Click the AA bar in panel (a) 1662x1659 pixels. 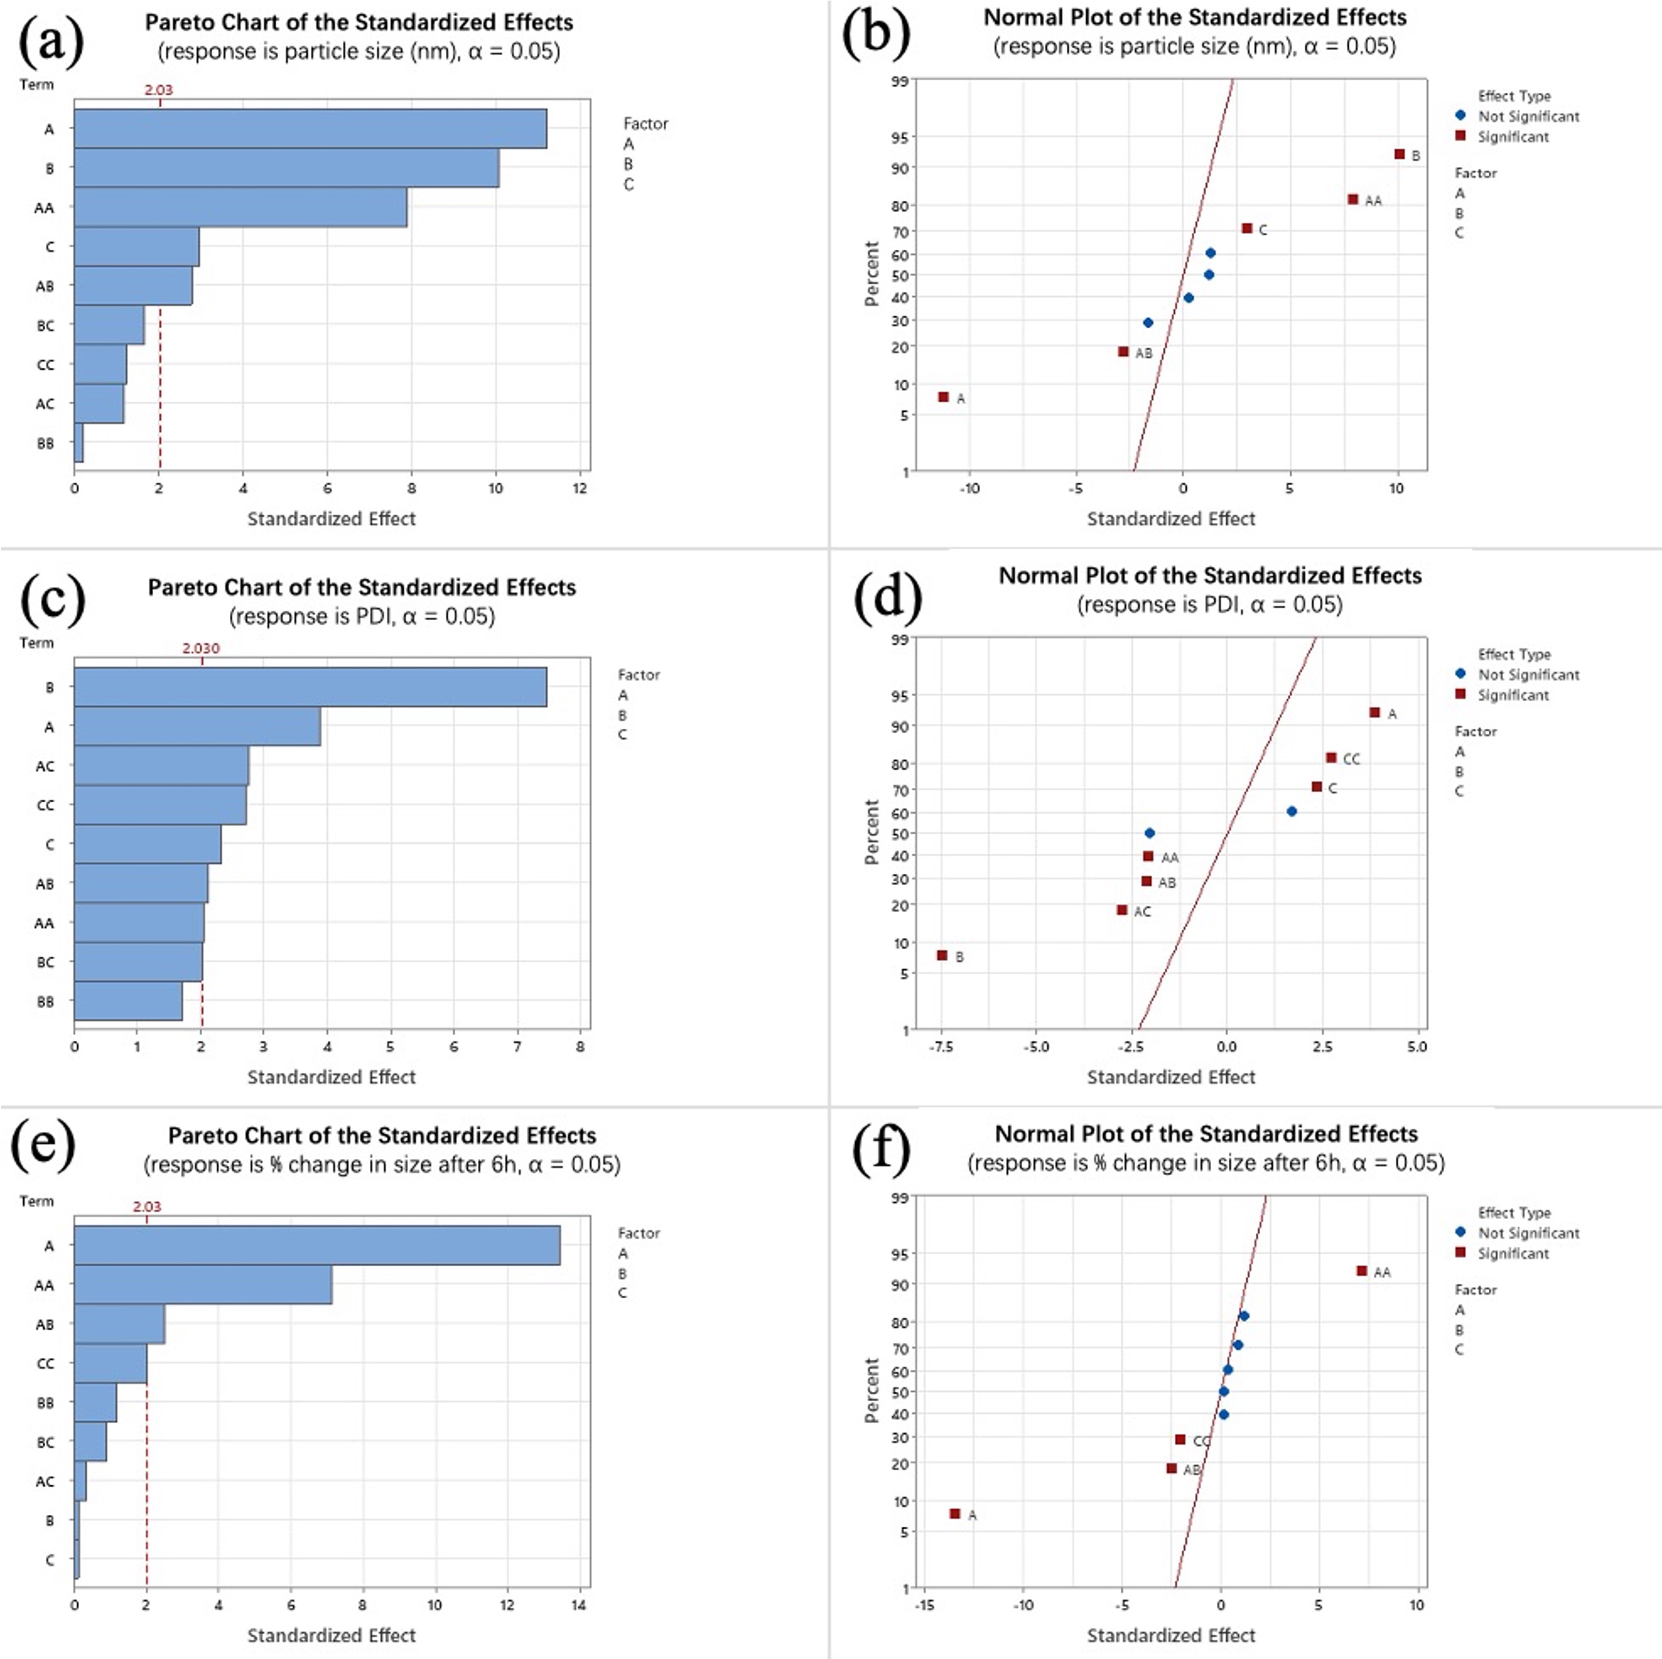click(240, 208)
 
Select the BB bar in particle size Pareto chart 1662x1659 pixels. click(79, 443)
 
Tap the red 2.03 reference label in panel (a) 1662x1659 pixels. click(158, 89)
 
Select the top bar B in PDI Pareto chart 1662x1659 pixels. click(310, 687)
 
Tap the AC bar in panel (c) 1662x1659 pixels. click(161, 766)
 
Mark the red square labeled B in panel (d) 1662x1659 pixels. click(942, 956)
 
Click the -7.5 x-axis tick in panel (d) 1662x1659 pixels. click(941, 1047)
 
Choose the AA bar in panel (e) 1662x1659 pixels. click(203, 1285)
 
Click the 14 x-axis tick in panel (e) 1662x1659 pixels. click(579, 1605)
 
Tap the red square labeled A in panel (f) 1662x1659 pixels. click(955, 1514)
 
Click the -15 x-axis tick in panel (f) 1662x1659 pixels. click(924, 1605)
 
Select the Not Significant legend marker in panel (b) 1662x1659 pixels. click(1460, 115)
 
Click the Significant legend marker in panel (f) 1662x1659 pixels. click(1460, 1252)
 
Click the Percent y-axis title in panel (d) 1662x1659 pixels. click(872, 832)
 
